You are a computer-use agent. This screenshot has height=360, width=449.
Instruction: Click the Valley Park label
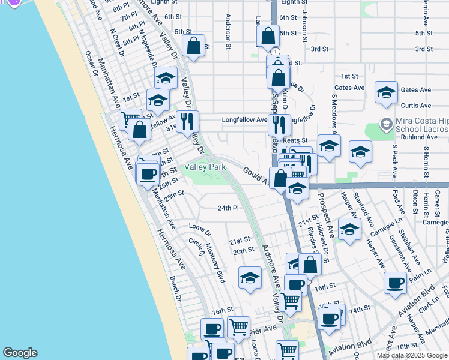(203, 167)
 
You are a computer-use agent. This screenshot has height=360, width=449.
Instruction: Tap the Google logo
(20, 353)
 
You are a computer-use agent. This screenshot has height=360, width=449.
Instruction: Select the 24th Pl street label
(228, 208)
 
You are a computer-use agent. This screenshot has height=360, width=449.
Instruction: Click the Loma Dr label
(200, 229)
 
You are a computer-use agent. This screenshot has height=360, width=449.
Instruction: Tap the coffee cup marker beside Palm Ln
(395, 283)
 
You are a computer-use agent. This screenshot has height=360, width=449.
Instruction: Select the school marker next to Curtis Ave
(386, 92)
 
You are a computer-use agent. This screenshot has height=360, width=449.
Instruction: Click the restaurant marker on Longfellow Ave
(279, 125)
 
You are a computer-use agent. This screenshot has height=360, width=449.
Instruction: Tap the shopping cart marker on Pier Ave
(239, 328)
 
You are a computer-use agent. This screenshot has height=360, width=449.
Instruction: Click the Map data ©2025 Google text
(412, 355)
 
